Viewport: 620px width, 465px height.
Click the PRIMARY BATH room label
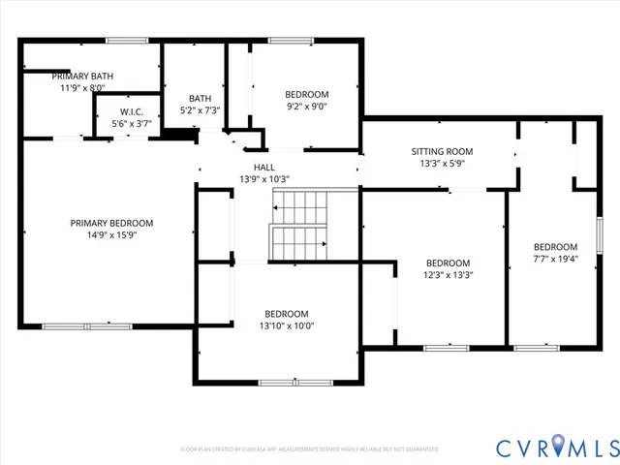[82, 76]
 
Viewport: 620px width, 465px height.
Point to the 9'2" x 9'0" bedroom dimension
[306, 107]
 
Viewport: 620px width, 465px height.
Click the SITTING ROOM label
[442, 151]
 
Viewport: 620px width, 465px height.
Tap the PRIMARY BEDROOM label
[111, 223]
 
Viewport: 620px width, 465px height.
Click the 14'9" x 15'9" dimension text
[111, 235]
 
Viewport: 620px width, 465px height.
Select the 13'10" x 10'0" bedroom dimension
[287, 325]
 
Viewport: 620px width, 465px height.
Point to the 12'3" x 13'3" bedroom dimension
[449, 274]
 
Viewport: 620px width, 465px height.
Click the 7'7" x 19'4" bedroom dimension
[555, 259]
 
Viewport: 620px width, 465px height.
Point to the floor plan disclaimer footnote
[310, 449]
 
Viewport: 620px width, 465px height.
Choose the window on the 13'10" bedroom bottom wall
[286, 384]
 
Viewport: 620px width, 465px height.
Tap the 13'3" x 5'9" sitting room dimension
[442, 164]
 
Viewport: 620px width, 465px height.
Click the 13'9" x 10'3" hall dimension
[263, 179]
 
